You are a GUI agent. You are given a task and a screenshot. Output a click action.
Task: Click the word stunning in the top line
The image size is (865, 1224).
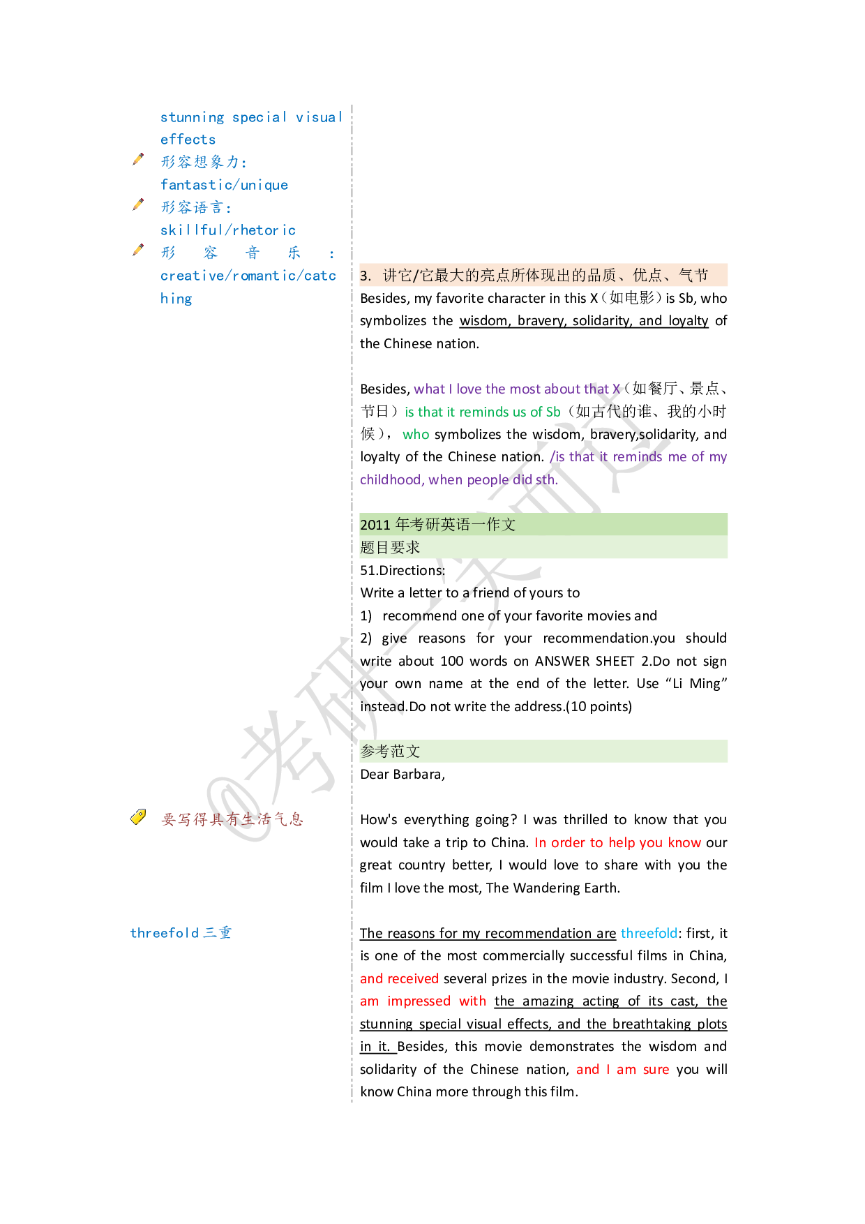point(193,117)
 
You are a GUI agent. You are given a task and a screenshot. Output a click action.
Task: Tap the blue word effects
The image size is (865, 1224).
point(188,140)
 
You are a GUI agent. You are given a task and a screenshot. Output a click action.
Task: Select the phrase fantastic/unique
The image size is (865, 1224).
point(224,185)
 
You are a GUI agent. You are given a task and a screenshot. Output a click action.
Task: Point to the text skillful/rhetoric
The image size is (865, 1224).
point(228,230)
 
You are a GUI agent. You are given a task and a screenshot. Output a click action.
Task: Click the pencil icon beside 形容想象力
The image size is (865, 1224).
point(139,160)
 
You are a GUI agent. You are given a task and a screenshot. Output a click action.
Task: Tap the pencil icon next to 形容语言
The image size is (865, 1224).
point(139,204)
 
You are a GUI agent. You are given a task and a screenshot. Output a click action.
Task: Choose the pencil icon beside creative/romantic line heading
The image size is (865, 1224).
point(139,250)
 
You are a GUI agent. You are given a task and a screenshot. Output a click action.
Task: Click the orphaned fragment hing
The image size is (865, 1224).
point(176,299)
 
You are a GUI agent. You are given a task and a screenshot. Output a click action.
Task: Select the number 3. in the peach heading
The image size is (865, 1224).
point(366,276)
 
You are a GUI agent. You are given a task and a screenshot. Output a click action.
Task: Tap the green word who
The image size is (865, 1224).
point(416,435)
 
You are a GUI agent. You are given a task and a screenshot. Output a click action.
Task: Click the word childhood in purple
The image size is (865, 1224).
point(391,480)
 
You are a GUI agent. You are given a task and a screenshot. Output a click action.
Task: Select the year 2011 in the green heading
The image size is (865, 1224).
point(375,525)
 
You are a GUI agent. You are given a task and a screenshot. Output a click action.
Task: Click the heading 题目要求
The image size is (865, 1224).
point(390,548)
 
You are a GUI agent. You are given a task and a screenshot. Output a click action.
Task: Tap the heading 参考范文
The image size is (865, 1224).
point(390,752)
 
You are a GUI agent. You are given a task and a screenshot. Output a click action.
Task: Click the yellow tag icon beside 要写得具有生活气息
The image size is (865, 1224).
point(139,817)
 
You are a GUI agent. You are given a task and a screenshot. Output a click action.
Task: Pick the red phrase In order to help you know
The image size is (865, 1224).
point(617,843)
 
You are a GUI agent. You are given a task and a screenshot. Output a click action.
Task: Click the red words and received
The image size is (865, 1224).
point(399,979)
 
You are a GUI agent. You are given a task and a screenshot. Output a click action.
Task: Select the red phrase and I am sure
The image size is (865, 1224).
point(622,1070)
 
